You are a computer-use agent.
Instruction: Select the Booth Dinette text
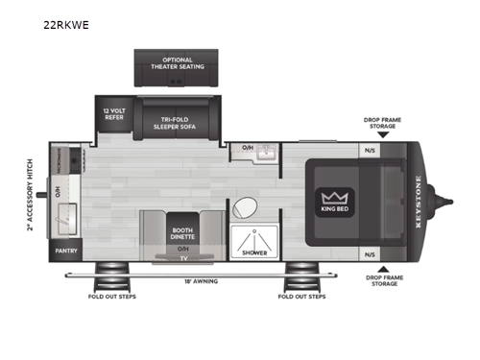click(x=182, y=232)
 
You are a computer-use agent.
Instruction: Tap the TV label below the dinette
click(x=182, y=257)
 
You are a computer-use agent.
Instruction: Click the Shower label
click(x=254, y=253)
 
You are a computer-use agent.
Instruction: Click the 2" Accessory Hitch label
click(x=31, y=196)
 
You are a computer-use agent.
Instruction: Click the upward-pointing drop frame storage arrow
click(x=382, y=269)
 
